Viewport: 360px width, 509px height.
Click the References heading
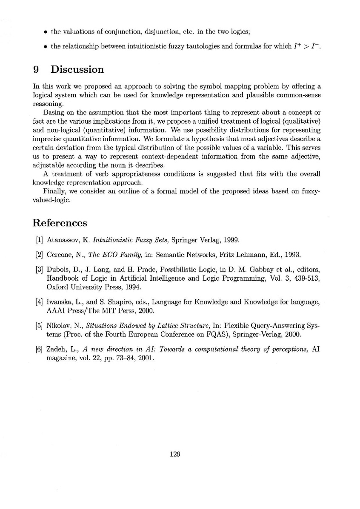60,223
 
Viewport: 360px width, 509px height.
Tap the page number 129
176,454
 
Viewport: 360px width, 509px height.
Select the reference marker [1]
39,240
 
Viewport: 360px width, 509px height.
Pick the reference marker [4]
39,302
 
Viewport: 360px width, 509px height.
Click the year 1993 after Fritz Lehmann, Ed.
291,255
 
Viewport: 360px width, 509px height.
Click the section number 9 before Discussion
36,70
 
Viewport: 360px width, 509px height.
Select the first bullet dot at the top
45,31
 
